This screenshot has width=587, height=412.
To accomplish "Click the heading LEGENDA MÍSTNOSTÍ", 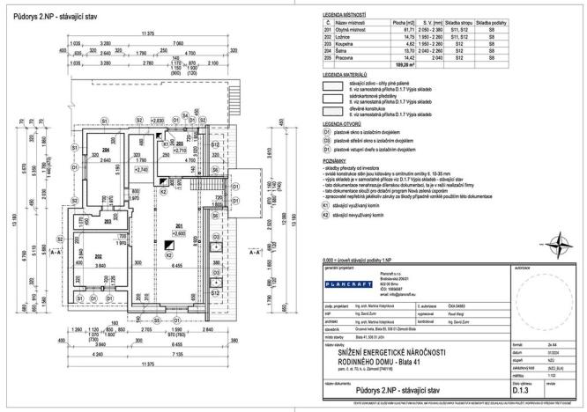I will (x=344, y=17).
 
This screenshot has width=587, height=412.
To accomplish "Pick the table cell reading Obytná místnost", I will (x=351, y=30).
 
